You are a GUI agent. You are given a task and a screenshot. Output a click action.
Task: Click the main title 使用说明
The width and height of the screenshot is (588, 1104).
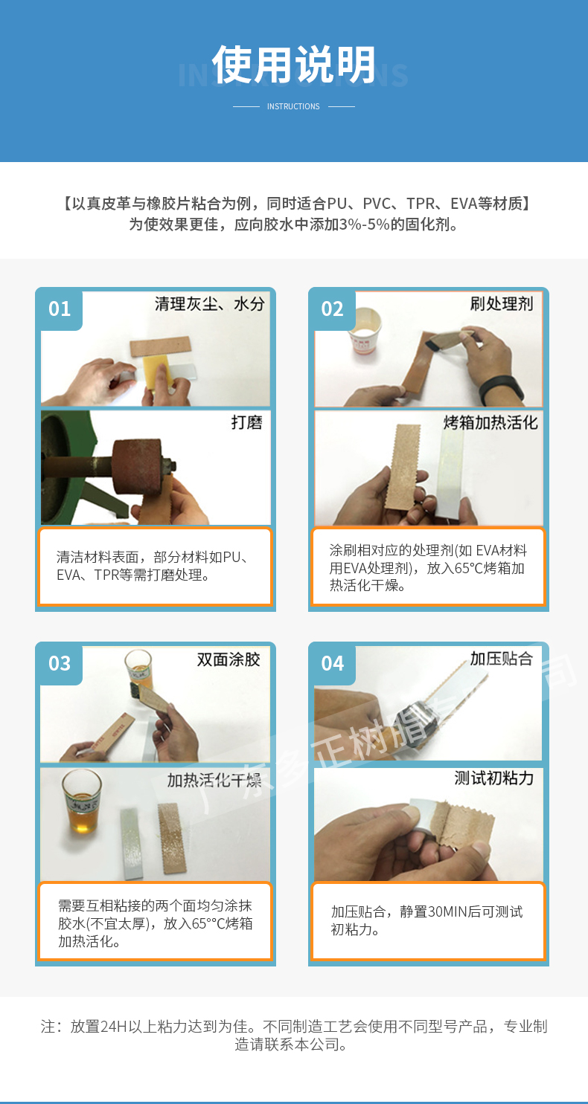pyautogui.click(x=294, y=65)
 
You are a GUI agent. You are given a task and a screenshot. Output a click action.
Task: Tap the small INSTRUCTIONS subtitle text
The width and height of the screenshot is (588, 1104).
pyautogui.click(x=293, y=106)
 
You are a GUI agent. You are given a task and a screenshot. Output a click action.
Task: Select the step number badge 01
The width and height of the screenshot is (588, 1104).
pyautogui.click(x=60, y=309)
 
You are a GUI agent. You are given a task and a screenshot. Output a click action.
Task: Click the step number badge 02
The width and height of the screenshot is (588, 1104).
pyautogui.click(x=333, y=309)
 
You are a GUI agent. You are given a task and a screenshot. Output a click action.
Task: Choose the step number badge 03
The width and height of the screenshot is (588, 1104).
pyautogui.click(x=60, y=663)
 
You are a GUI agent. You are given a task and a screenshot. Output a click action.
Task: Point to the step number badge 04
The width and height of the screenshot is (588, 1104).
pyautogui.click(x=333, y=663)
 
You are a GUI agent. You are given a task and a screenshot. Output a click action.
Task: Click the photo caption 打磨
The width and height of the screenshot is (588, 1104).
pyautogui.click(x=246, y=422)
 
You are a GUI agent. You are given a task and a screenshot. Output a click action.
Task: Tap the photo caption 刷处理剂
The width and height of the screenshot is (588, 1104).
pyautogui.click(x=501, y=303)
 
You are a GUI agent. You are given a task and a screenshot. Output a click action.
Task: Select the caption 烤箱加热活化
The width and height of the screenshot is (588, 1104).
pyautogui.click(x=490, y=422)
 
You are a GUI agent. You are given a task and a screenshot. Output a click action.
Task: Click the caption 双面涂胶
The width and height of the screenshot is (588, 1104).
pyautogui.click(x=229, y=659)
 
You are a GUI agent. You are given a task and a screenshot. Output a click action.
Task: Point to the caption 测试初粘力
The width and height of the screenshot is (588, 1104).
pyautogui.click(x=493, y=778)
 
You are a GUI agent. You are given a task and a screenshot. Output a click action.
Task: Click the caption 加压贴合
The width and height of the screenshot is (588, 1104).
pyautogui.click(x=501, y=659)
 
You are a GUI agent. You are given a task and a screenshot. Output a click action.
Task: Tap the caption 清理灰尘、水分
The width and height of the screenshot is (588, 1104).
pyautogui.click(x=210, y=303)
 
